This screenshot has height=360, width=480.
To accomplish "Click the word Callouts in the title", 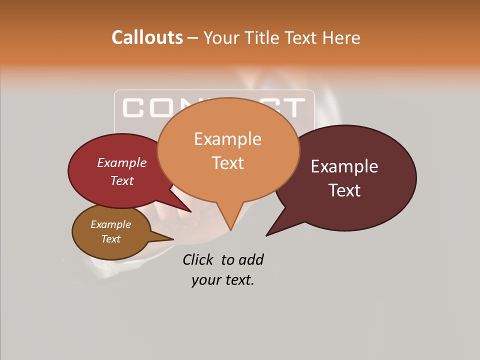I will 147,37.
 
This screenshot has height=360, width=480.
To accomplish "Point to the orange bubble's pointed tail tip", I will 230,230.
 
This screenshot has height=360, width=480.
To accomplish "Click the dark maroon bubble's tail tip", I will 266,235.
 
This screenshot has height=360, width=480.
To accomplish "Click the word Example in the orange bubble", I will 227,138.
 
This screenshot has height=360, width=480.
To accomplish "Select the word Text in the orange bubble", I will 227,162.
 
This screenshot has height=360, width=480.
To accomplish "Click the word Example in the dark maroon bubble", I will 344,166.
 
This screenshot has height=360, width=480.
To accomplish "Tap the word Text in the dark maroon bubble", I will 345,190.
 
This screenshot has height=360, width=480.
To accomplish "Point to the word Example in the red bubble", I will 122,162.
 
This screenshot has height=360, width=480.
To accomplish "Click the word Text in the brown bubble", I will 110,239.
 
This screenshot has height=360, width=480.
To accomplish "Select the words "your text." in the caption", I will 223,280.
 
